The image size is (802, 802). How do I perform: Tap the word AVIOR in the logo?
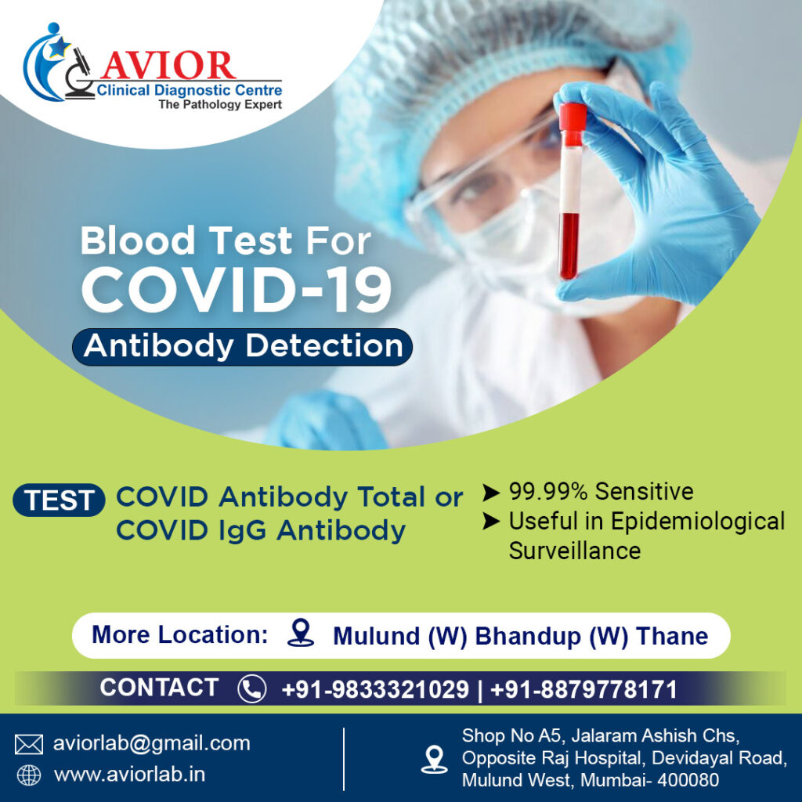tap(168, 65)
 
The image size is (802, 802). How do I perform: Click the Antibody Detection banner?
tap(243, 346)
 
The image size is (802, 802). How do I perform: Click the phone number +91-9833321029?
tap(375, 690)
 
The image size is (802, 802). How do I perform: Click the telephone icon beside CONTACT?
tap(251, 689)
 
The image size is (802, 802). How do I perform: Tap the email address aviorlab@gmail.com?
tap(151, 743)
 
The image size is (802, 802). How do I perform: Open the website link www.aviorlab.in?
tap(129, 775)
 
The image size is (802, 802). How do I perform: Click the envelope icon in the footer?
tap(29, 743)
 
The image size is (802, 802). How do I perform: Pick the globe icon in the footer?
tap(29, 775)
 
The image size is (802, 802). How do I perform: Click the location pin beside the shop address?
tap(433, 758)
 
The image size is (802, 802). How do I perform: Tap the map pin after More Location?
tap(300, 633)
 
